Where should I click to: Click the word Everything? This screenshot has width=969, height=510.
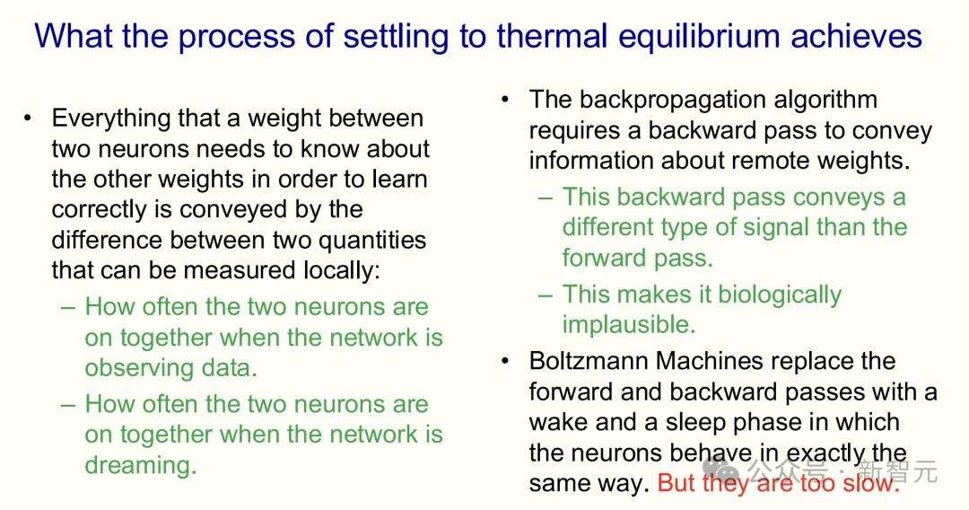(x=110, y=119)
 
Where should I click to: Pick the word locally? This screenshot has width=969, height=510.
(x=342, y=271)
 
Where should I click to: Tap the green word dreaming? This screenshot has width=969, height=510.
(x=140, y=465)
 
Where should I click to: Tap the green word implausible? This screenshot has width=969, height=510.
(x=628, y=324)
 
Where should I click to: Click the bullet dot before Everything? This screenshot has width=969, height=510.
(x=27, y=119)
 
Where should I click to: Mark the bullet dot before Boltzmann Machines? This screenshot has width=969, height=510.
(x=505, y=361)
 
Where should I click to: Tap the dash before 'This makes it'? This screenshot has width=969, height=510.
(x=546, y=295)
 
